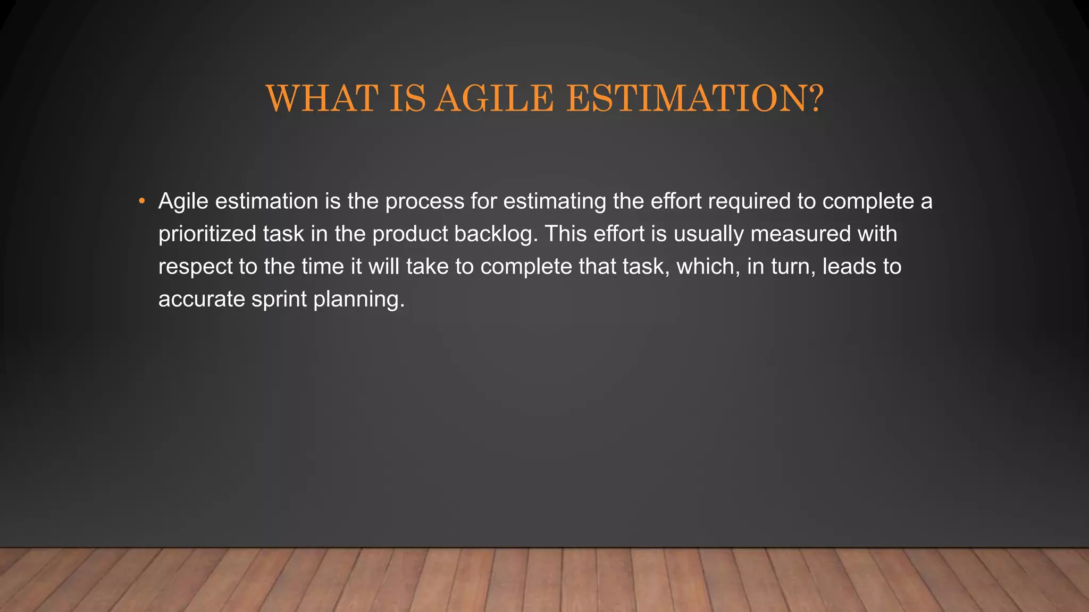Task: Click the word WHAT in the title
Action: [322, 99]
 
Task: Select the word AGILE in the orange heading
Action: [494, 99]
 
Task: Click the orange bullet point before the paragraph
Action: [141, 201]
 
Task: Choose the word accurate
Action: [202, 300]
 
